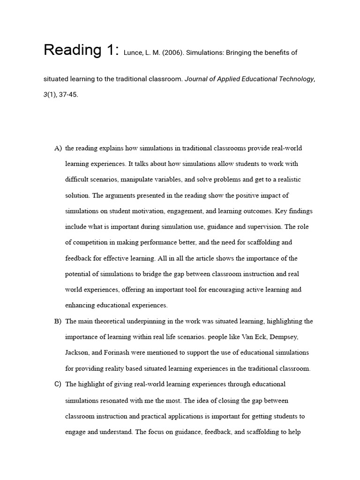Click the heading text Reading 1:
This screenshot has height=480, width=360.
pyautogui.click(x=82, y=50)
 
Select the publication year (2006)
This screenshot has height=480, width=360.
pyautogui.click(x=170, y=53)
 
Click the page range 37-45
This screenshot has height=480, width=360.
pyautogui.click(x=68, y=94)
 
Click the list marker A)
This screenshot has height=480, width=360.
pyautogui.click(x=58, y=149)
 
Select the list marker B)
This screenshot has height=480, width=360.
pyautogui.click(x=58, y=322)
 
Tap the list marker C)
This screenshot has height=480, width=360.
pyautogui.click(x=58, y=384)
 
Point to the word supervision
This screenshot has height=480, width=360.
pyautogui.click(x=262, y=227)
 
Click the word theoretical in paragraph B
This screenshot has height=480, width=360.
pyautogui.click(x=110, y=322)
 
